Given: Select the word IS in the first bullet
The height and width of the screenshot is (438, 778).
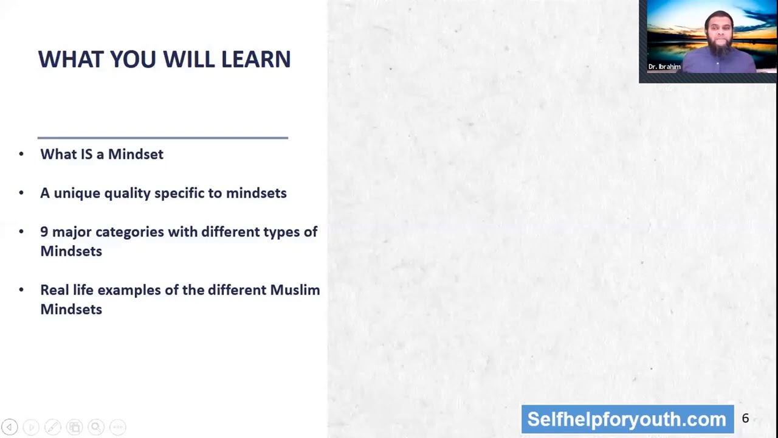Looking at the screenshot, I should (86, 155).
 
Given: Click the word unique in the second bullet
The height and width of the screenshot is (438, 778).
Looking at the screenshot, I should (77, 193).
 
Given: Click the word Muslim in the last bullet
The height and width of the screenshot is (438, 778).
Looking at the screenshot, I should (295, 290).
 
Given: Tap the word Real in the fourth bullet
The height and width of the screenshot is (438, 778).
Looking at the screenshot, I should (54, 290).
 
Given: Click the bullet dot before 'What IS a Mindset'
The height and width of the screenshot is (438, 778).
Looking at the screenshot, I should (21, 155).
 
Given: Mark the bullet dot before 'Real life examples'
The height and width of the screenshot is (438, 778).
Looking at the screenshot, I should (21, 290).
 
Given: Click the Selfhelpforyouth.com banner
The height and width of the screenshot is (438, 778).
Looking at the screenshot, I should (627, 419).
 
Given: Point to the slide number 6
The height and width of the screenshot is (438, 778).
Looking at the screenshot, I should (745, 419).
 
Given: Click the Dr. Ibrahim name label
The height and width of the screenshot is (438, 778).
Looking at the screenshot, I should (664, 67).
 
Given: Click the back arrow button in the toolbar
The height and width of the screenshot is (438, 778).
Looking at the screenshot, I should (10, 427).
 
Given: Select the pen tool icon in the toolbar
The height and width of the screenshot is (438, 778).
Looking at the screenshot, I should (53, 427).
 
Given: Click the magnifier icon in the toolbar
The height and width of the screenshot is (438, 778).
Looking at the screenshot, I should (95, 427).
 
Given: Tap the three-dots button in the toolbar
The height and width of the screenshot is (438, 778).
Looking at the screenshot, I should (118, 427).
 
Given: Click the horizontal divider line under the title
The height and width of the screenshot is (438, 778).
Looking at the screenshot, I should (162, 138).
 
